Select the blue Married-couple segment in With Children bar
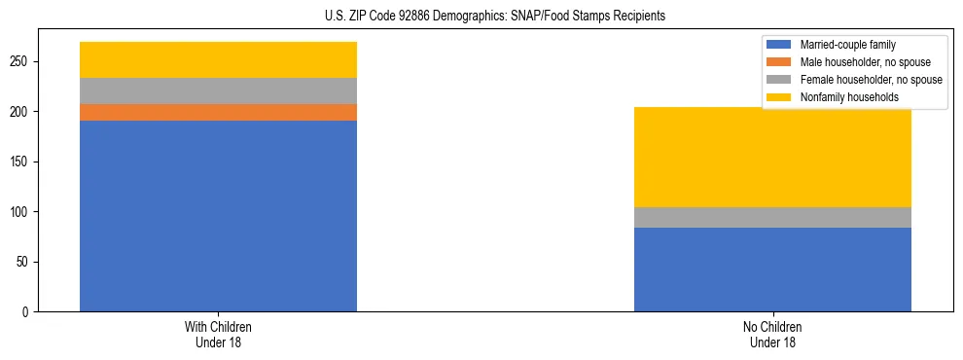[x=218, y=216]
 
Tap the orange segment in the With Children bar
[x=218, y=112]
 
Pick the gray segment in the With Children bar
[x=218, y=90]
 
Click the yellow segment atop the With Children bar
[x=218, y=59]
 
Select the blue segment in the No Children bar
[x=772, y=270]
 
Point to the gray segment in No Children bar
[x=772, y=217]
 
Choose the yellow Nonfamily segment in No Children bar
[x=772, y=157]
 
